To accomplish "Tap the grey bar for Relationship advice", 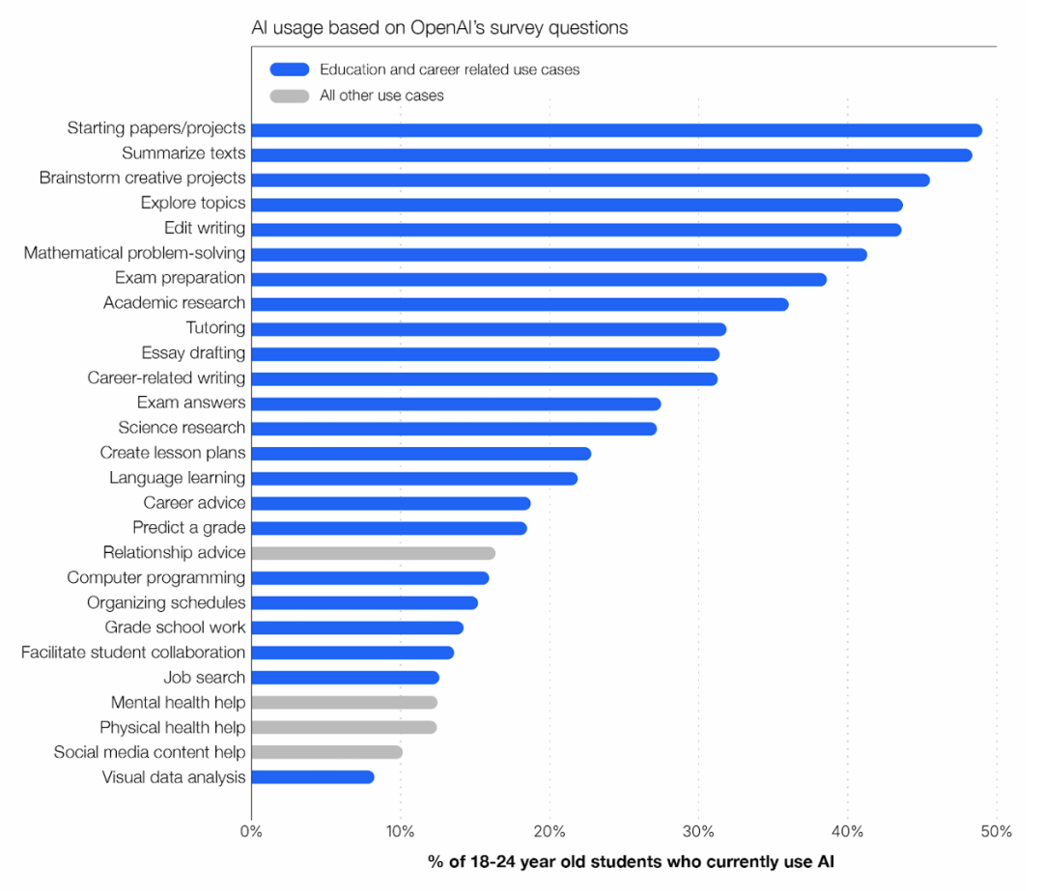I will click(373, 553).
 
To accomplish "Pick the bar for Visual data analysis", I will click(312, 777).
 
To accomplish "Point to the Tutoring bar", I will click(488, 329).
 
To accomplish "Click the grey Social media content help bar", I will click(326, 752).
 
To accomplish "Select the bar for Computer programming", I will click(370, 578).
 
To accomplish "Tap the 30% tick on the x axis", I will click(698, 832).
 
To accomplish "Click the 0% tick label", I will click(251, 832).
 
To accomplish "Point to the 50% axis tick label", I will click(997, 832).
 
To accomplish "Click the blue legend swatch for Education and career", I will click(290, 70).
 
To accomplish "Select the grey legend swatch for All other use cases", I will click(290, 96).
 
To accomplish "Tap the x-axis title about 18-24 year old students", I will click(631, 862).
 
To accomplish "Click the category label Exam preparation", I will click(180, 278).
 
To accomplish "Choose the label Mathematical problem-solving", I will click(134, 253).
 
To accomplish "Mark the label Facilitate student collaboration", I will click(133, 653).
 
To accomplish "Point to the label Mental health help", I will click(178, 703).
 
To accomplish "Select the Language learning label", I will click(177, 478).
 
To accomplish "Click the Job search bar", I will click(345, 678).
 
